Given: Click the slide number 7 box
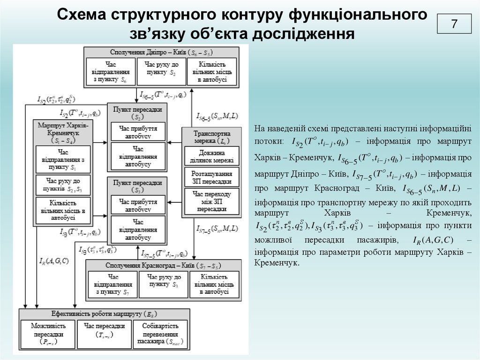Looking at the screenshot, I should pyautogui.click(x=454, y=24).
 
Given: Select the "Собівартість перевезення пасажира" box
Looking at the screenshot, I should pyautogui.click(x=160, y=334).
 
